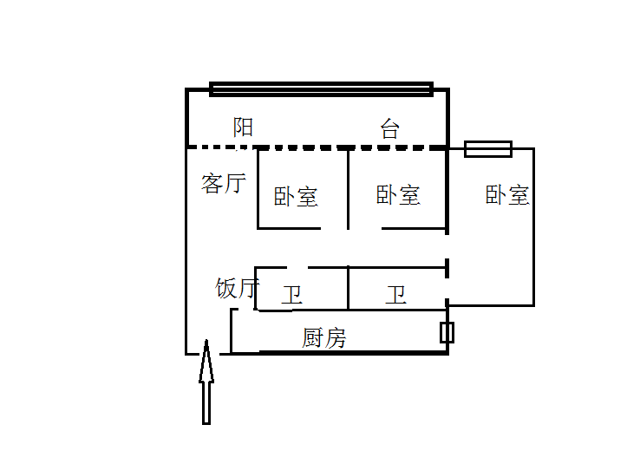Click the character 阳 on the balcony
point(244,127)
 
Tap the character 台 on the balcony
point(390,129)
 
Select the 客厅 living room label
point(224,183)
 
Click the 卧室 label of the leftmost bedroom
point(296,197)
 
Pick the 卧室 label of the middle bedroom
point(398,195)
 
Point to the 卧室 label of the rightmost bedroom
point(507,194)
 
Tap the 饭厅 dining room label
point(236,287)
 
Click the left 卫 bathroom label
point(291,296)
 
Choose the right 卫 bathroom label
point(396,296)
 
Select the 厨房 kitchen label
point(324,337)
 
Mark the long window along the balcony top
point(321,88)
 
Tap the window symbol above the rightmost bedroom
point(488,149)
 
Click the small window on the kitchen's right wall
point(447,332)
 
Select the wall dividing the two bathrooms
point(348,287)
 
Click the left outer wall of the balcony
point(187,118)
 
